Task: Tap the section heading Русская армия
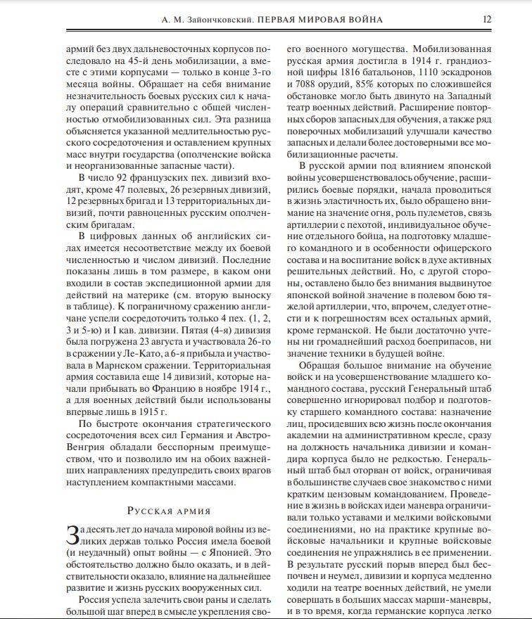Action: (x=169, y=511)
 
